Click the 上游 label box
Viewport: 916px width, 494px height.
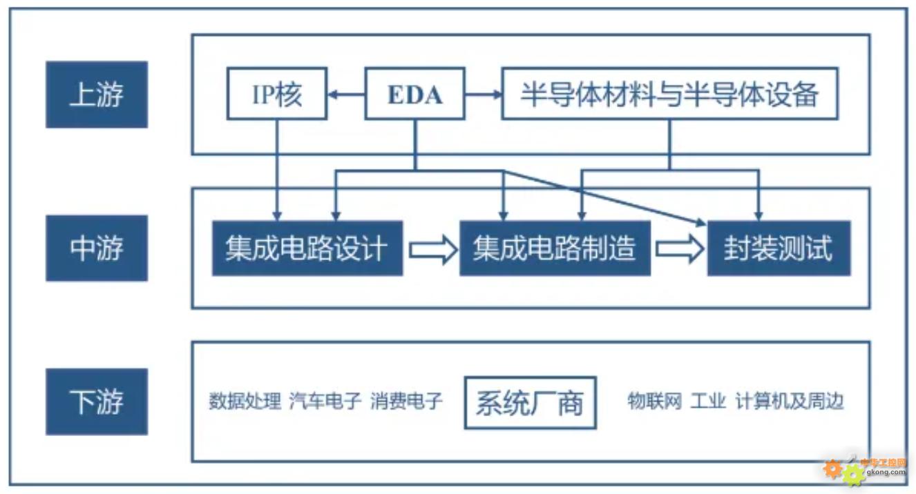[x=97, y=95]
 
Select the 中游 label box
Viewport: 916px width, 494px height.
[x=97, y=248]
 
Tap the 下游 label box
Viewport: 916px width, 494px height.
[x=97, y=402]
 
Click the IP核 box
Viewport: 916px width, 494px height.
[x=277, y=94]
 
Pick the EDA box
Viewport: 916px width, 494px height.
[x=414, y=94]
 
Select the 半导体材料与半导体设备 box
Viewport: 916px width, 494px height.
[x=669, y=94]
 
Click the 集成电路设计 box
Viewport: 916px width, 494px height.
[x=307, y=248]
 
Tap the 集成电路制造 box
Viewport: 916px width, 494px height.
[x=555, y=248]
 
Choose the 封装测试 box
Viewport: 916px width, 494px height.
[x=779, y=248]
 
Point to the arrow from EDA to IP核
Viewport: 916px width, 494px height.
[x=346, y=95]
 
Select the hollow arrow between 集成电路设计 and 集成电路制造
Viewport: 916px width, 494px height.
[x=432, y=248]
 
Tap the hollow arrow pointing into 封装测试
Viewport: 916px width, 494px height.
[x=679, y=248]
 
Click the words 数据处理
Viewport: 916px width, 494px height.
[x=245, y=401]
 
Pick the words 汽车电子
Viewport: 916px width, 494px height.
[x=325, y=401]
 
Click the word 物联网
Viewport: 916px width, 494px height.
[x=654, y=401]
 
